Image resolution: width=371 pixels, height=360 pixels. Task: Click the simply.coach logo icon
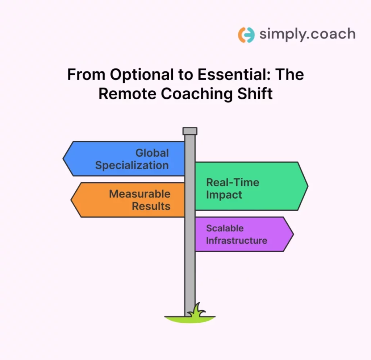coord(246,35)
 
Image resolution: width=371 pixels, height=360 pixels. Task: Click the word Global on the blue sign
coord(152,153)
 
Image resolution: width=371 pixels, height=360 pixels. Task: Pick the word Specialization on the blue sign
coord(132,165)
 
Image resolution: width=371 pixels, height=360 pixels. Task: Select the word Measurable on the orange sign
coord(139,194)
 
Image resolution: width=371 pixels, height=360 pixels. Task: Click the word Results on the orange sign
coord(151,206)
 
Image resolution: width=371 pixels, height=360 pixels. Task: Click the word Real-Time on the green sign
coord(233,182)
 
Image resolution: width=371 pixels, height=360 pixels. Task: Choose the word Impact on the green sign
coord(224,195)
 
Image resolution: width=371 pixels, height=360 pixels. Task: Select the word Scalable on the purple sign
coord(225,228)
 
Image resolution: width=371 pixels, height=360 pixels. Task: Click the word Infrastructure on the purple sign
coord(237,240)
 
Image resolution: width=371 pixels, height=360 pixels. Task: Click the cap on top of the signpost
coord(190,131)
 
